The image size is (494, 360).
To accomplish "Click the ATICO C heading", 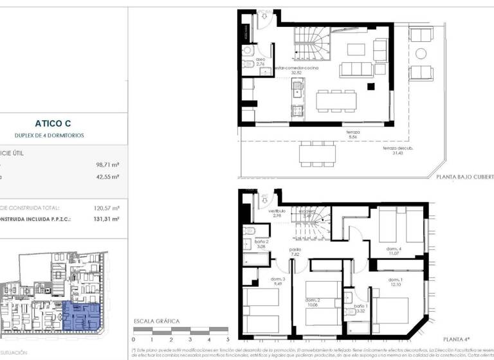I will (58, 122).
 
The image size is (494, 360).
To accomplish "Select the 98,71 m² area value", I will (107, 164).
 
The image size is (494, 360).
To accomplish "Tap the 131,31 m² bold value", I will (107, 219).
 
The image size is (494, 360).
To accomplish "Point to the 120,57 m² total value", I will (107, 208).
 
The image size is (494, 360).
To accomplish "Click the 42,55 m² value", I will (107, 175).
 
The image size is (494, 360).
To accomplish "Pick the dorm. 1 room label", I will (397, 282).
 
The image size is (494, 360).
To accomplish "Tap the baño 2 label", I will (261, 244).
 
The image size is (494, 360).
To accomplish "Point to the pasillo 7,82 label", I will (295, 251).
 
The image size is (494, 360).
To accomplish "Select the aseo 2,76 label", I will (261, 62).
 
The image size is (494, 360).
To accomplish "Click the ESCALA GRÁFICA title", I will (156, 321).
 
